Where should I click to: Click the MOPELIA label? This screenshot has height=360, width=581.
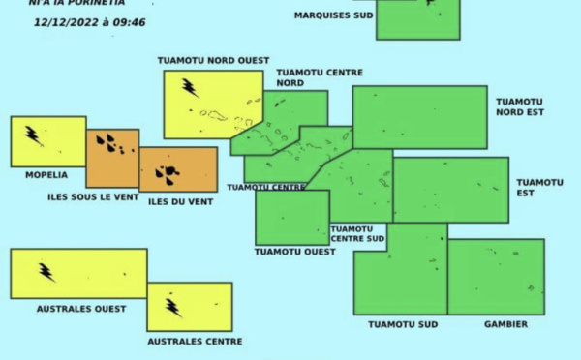[46, 175]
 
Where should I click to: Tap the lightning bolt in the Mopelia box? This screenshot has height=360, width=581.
[33, 135]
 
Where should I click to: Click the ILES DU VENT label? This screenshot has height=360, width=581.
[180, 201]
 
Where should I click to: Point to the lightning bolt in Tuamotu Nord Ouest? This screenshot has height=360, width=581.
[190, 88]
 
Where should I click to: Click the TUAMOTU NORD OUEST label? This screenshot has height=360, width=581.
[213, 60]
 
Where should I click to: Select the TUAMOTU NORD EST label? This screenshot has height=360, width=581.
[520, 106]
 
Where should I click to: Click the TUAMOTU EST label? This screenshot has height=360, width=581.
[539, 187]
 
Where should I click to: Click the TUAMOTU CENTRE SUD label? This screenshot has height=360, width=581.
[357, 233]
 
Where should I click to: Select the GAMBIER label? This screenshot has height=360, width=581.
[505, 324]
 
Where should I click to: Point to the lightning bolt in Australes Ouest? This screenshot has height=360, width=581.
[46, 272]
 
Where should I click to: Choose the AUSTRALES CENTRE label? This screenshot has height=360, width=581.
[195, 341]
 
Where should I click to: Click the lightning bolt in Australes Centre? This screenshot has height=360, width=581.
[173, 307]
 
